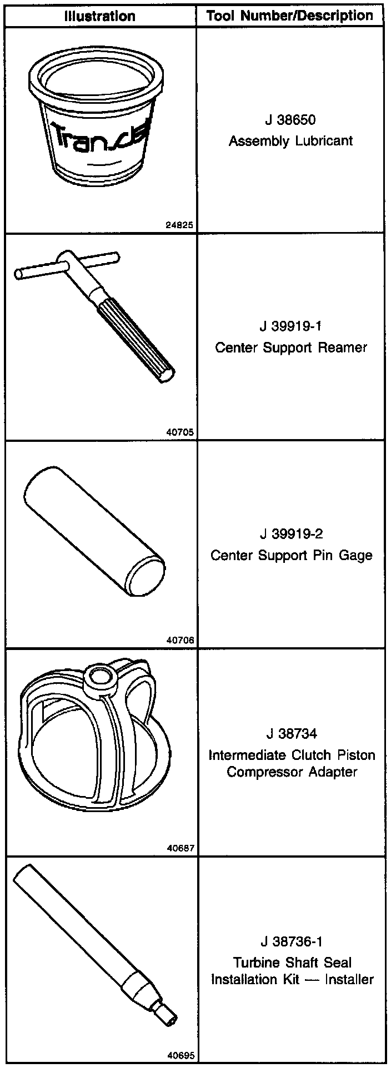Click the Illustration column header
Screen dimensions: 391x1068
tap(100, 16)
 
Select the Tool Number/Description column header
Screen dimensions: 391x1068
tap(290, 16)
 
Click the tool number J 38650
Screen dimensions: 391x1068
tap(290, 120)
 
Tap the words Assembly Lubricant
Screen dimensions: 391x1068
tap(290, 141)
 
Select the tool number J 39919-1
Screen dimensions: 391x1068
tap(290, 326)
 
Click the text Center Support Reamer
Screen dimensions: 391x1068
tap(290, 348)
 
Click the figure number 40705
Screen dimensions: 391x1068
tap(180, 432)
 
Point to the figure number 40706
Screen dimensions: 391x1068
tap(180, 640)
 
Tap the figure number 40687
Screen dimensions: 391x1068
tap(180, 848)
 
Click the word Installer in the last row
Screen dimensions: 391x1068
tap(349, 979)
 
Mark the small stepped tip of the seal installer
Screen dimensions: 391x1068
tap(166, 1012)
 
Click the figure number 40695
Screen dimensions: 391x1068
tap(180, 1056)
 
